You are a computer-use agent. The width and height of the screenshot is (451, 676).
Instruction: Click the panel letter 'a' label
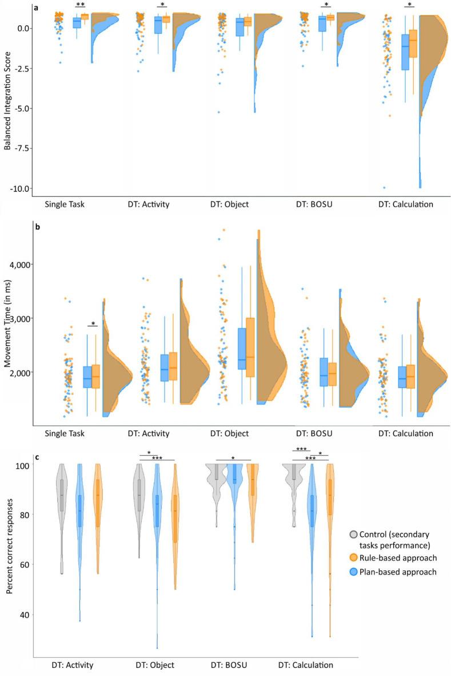(36, 8)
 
